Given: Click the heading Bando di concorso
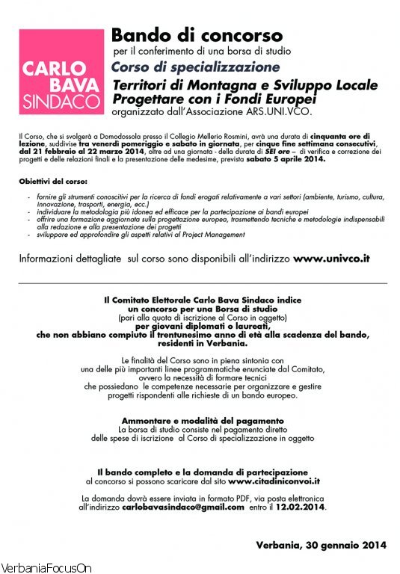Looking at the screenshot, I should (197, 35).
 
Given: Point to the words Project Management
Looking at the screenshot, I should (208, 235).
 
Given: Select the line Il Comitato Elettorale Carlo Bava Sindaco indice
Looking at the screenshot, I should (200, 299).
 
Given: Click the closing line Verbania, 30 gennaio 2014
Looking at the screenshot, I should (321, 545).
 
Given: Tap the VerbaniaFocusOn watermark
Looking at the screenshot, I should (46, 568).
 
